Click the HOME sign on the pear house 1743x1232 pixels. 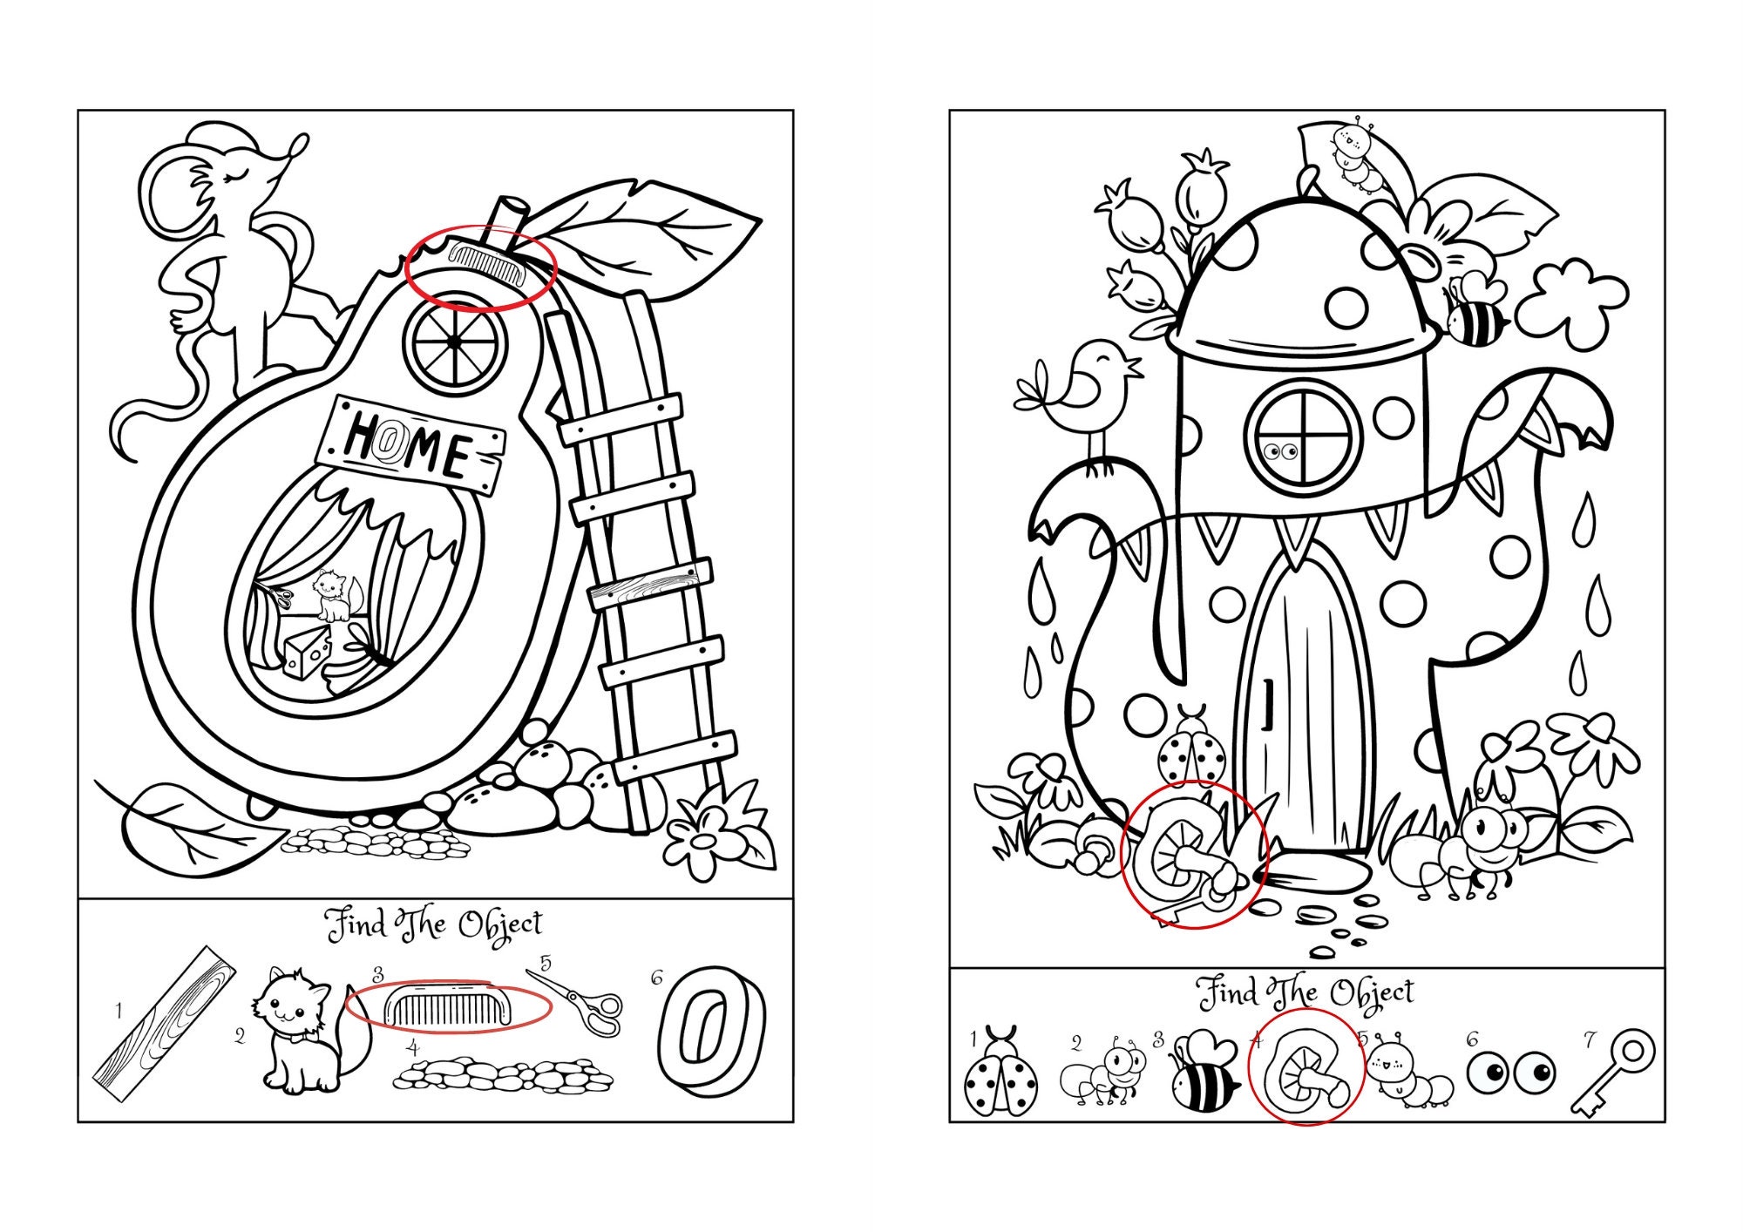pyautogui.click(x=410, y=445)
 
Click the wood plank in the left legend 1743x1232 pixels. pyautogui.click(x=165, y=1025)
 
